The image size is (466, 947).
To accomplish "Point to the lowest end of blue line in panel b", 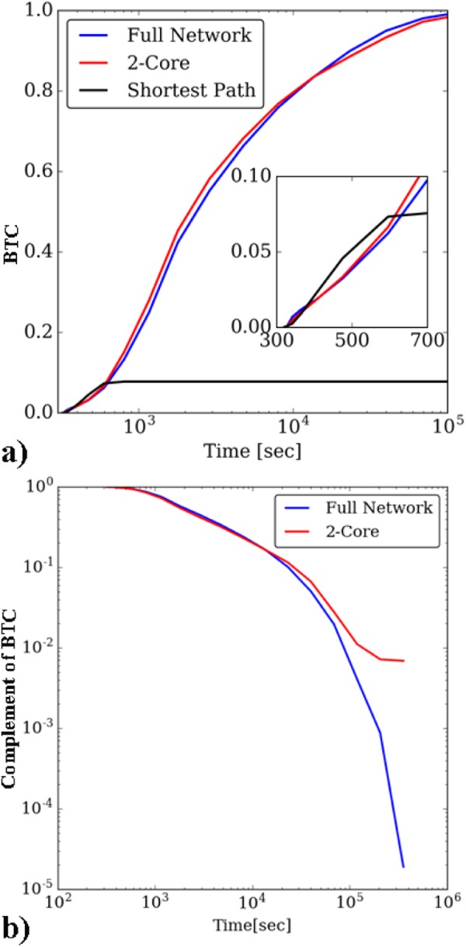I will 403,867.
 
